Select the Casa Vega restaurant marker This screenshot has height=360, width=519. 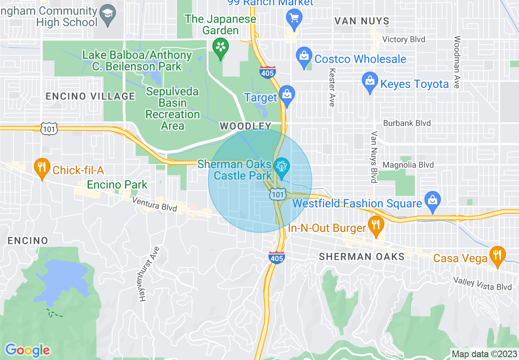(497, 254)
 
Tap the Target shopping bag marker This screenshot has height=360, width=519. (287, 94)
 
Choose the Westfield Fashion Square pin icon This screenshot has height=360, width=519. (432, 200)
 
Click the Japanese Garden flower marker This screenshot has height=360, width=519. (221, 47)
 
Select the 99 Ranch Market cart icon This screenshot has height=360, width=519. (294, 17)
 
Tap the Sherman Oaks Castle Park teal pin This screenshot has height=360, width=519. (282, 167)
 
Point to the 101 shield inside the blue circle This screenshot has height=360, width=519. (278, 195)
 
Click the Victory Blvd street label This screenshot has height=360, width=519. (404, 39)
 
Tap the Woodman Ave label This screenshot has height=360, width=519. (457, 62)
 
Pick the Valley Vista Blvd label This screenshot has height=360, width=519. (483, 284)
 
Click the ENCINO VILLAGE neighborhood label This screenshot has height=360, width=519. (90, 96)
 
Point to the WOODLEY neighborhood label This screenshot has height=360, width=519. (246, 126)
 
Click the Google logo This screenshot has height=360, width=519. (27, 350)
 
